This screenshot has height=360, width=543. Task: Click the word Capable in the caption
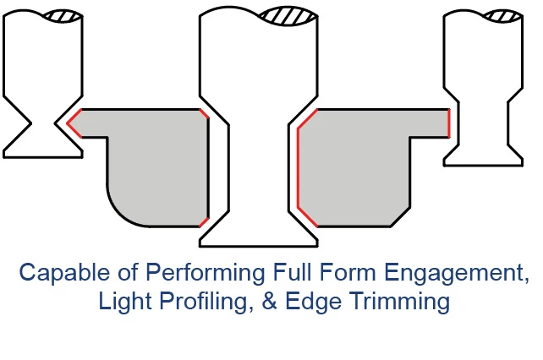pos(64,273)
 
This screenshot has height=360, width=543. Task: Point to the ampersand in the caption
pos(270,301)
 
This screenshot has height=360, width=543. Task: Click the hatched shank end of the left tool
pos(63,16)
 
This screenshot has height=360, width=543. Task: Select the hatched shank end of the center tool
pos(288,16)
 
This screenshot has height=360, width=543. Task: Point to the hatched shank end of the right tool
pos(503,16)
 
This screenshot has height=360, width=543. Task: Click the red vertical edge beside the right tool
pos(449,123)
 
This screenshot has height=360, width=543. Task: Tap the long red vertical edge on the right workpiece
pos(299,168)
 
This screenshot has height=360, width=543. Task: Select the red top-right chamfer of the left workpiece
pos(205,113)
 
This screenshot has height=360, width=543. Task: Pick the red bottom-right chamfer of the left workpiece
pos(205,222)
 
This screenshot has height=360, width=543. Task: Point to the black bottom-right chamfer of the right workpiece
pos(401,217)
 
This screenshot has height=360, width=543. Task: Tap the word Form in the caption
pos(348,273)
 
